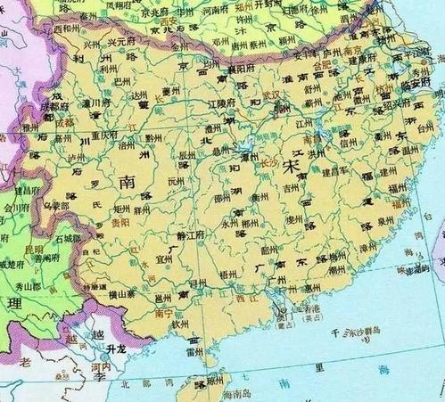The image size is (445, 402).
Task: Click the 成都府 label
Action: pos(36,112)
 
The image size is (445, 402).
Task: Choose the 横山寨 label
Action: pos(124,293)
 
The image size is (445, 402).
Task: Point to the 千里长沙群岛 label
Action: pos(357,332)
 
